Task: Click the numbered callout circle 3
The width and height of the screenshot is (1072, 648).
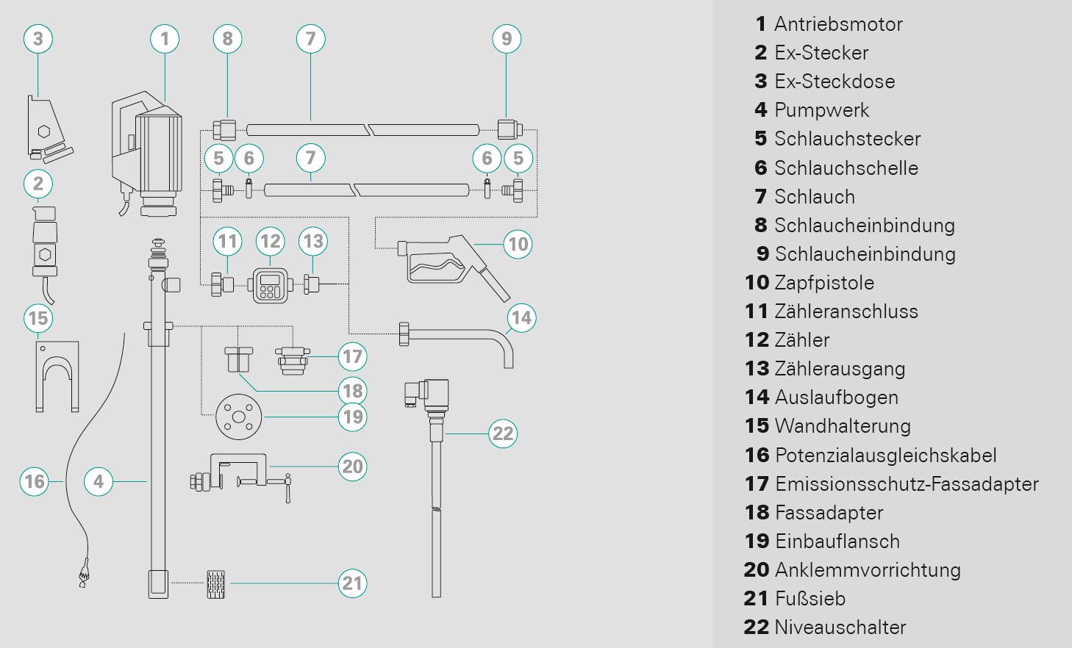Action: [38, 39]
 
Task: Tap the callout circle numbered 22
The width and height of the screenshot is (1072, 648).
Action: [503, 433]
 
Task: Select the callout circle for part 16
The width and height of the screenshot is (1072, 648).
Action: [35, 481]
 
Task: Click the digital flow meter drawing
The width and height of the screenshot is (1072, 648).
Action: [270, 284]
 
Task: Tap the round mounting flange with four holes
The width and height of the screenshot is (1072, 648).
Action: [238, 417]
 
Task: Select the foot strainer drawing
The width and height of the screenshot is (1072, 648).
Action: [215, 584]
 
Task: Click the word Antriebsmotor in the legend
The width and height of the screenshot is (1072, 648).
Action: [838, 24]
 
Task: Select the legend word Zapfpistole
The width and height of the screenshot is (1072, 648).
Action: [824, 283]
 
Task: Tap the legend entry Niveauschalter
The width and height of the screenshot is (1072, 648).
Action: [840, 627]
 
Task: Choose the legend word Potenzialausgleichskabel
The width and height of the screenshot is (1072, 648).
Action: [885, 456]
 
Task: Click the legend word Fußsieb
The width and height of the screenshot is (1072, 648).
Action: [810, 599]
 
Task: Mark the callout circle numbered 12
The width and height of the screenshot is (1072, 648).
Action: [271, 242]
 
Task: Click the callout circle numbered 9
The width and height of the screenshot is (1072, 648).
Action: [507, 39]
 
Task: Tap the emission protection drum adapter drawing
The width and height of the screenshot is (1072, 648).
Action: [293, 359]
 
